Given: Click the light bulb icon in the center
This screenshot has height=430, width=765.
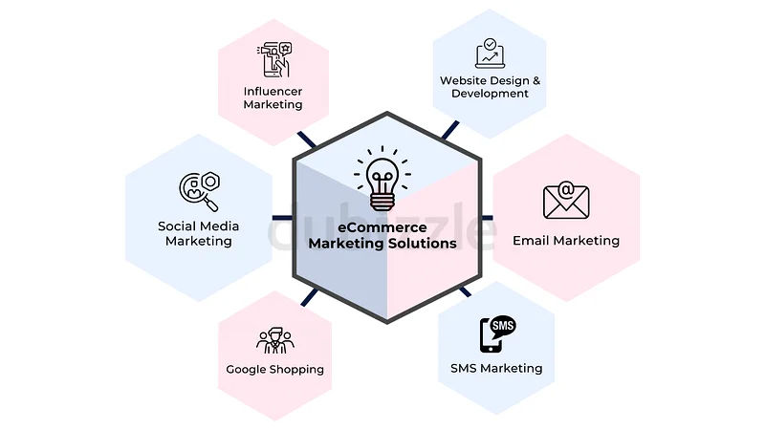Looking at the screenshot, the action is tap(382, 179).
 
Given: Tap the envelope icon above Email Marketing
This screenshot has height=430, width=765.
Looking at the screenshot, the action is tap(566, 201).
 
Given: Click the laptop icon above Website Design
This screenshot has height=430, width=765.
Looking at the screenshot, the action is tap(490, 54).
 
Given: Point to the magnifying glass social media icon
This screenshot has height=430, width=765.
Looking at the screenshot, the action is tap(200, 191).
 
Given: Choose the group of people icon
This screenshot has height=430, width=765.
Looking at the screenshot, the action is tap(275, 340).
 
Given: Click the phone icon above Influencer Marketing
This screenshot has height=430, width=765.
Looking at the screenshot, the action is tap(274, 59).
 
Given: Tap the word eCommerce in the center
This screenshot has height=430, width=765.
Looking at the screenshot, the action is tap(382, 227).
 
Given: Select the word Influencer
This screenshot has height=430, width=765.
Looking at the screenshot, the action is tap(273, 91).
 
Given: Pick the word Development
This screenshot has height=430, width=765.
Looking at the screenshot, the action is tap(490, 94).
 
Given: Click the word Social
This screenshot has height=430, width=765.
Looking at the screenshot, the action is tap(177, 226).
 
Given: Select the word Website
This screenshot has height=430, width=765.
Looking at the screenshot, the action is tap(464, 80).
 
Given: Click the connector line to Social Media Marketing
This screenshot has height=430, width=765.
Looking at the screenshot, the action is tap(282, 218).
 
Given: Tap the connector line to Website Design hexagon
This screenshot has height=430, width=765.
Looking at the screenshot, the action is tap(450, 130).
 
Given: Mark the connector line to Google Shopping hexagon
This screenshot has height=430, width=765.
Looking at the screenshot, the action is tap(310, 297).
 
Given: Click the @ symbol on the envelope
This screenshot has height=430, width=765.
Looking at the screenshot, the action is tap(566, 189).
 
